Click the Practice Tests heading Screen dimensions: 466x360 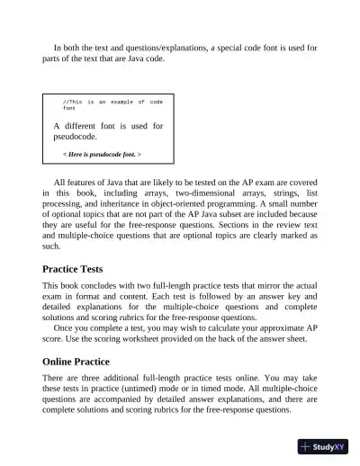tap(85, 269)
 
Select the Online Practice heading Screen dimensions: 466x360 tap(85, 362)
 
